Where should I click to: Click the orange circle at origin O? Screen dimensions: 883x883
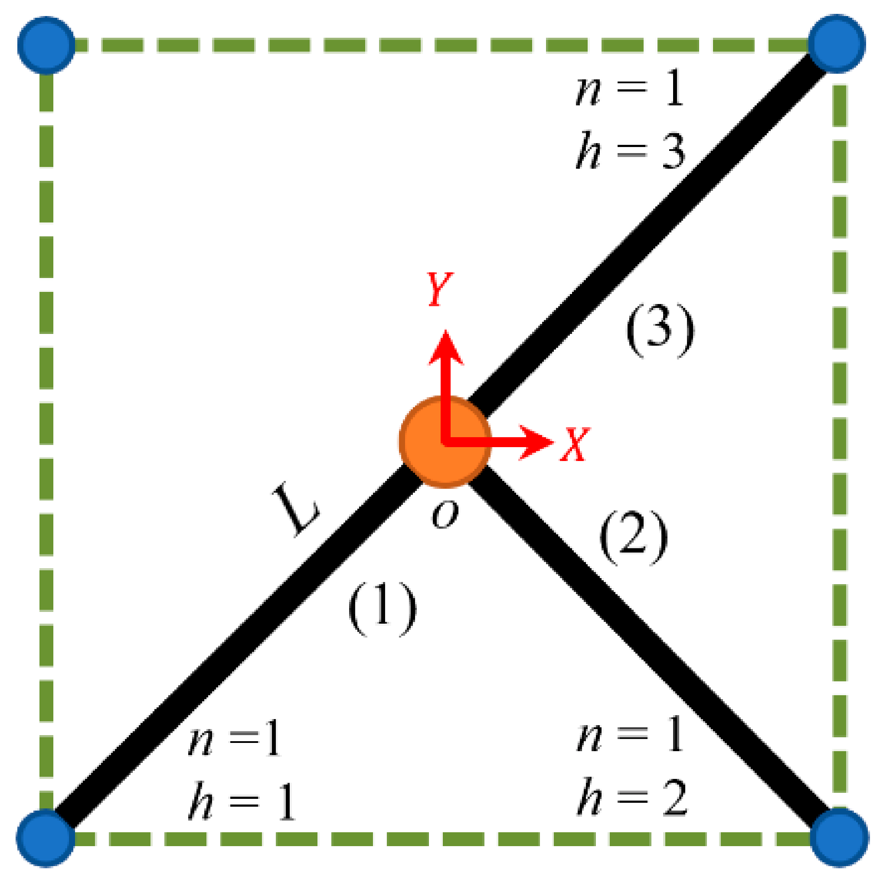pos(445,441)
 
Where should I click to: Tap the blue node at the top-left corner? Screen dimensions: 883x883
pos(46,45)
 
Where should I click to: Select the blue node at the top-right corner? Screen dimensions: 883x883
pos(837,44)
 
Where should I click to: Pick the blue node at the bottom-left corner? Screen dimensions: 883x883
pos(46,838)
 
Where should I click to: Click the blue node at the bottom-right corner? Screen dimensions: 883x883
pos(839,837)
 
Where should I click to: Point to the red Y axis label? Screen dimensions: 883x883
pos(439,289)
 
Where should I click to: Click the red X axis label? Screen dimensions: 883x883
pos(575,444)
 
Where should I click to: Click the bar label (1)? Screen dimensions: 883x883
pos(382,608)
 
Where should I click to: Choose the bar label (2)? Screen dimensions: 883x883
pos(633,536)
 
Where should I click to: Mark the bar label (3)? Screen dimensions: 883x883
pos(660,330)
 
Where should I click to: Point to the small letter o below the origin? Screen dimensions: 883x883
pos(445,515)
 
